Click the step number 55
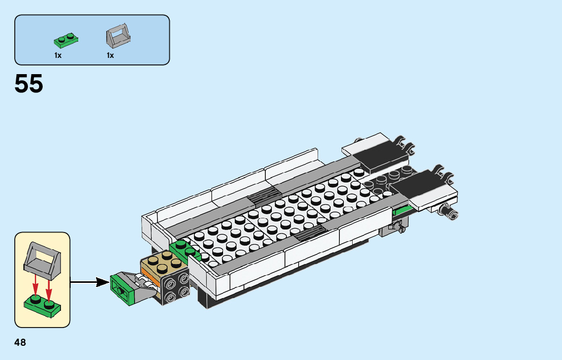[28, 83]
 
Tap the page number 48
[20, 342]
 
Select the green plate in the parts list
[66, 41]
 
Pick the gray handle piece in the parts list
[118, 36]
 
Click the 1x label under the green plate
[58, 55]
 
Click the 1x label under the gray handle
[110, 55]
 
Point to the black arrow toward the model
[89, 282]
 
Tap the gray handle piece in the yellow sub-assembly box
[42, 261]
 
